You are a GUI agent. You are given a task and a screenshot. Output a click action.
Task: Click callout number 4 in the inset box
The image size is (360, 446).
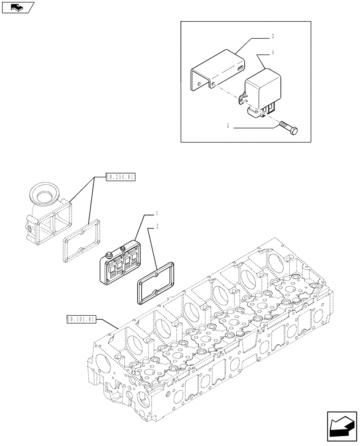coord(272,53)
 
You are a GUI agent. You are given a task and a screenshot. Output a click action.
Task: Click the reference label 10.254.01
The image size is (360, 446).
coord(120,177)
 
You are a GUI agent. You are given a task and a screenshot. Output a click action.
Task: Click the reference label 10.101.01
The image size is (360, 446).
coord(81,319)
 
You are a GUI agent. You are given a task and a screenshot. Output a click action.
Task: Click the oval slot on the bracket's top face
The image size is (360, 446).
coord(241,67)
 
